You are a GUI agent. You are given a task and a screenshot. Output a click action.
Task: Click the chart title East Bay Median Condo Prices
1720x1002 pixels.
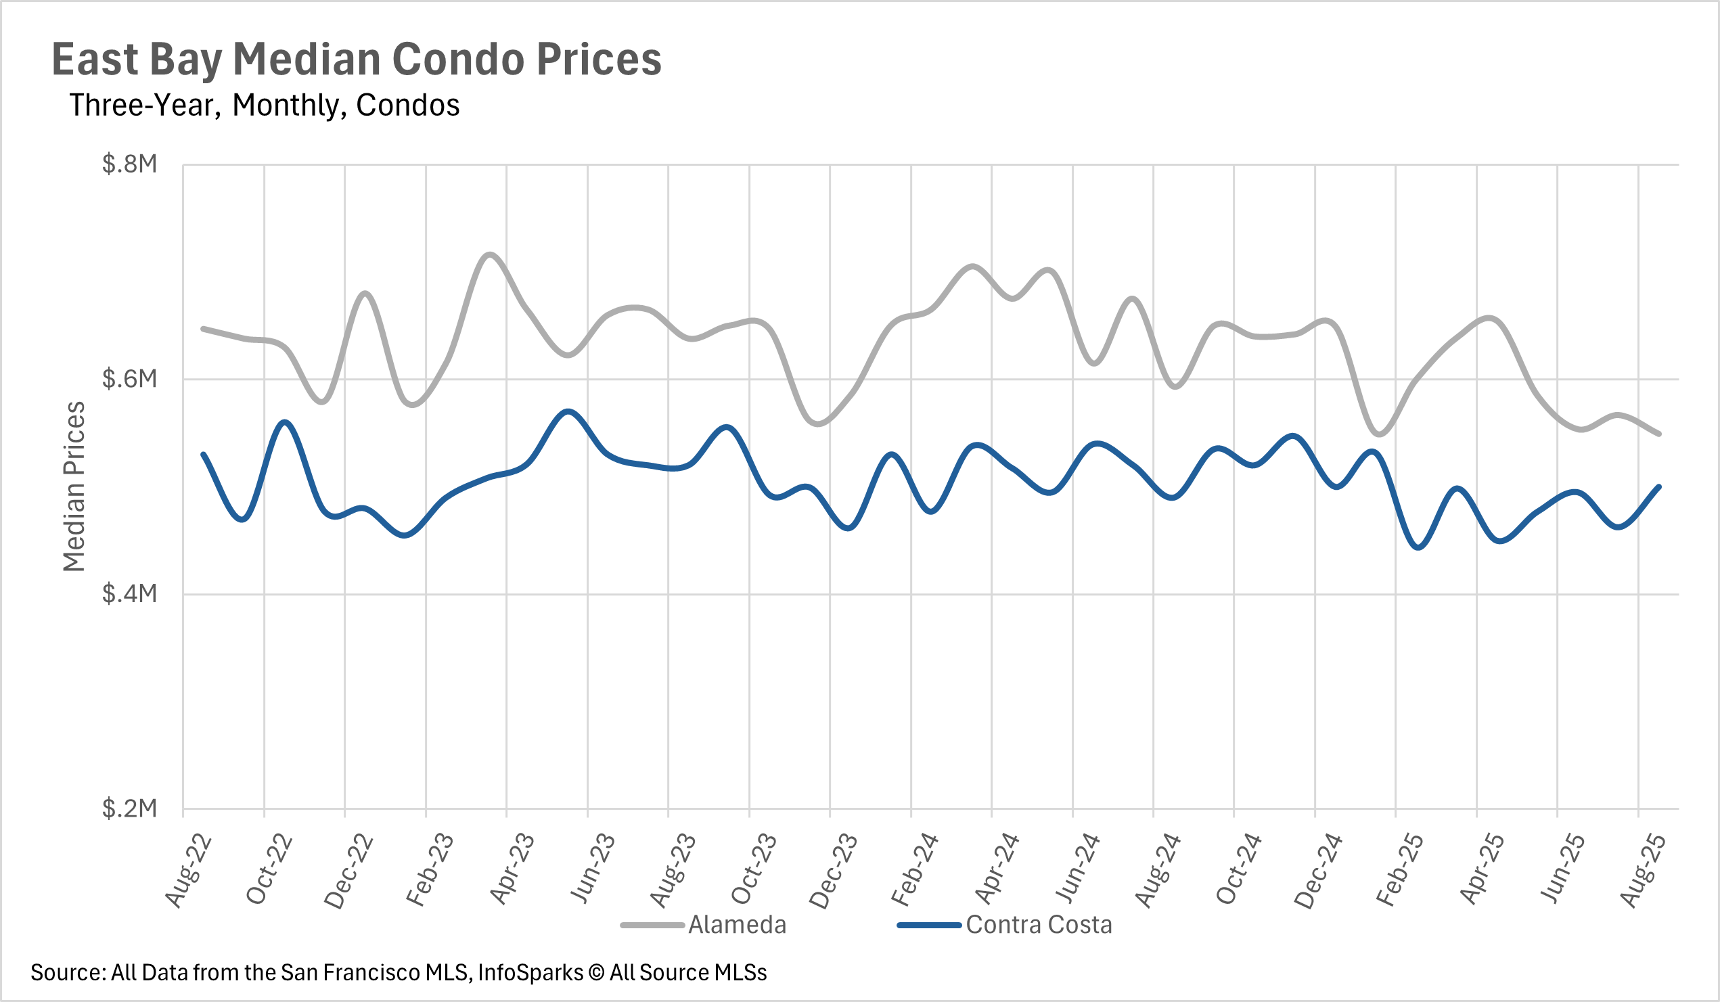357,60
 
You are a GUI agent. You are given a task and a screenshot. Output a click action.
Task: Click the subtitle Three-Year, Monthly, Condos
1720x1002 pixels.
264,106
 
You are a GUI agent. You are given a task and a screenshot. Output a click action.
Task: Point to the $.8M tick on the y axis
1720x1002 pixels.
129,164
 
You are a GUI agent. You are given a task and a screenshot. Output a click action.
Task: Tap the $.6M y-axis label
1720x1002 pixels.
129,379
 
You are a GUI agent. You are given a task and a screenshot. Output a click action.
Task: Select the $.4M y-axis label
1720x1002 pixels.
129,594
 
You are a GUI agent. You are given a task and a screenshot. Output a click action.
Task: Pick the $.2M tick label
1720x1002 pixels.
129,809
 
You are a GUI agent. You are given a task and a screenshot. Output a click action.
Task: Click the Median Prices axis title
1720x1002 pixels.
74,486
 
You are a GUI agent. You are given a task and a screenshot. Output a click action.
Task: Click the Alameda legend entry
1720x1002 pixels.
736,925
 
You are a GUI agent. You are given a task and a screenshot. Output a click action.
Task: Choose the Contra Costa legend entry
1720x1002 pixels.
1038,925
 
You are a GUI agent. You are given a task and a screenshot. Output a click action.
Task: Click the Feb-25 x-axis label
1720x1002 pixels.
1399,871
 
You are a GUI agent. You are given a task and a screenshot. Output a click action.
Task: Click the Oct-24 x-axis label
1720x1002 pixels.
1238,869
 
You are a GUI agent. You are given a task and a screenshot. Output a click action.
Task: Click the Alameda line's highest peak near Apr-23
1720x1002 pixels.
490,254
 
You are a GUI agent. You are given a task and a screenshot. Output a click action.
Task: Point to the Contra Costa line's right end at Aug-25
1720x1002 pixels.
1659,486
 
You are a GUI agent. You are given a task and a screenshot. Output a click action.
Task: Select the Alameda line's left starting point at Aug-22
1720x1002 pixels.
203,329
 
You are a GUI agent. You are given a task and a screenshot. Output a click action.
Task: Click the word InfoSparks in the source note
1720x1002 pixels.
530,973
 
